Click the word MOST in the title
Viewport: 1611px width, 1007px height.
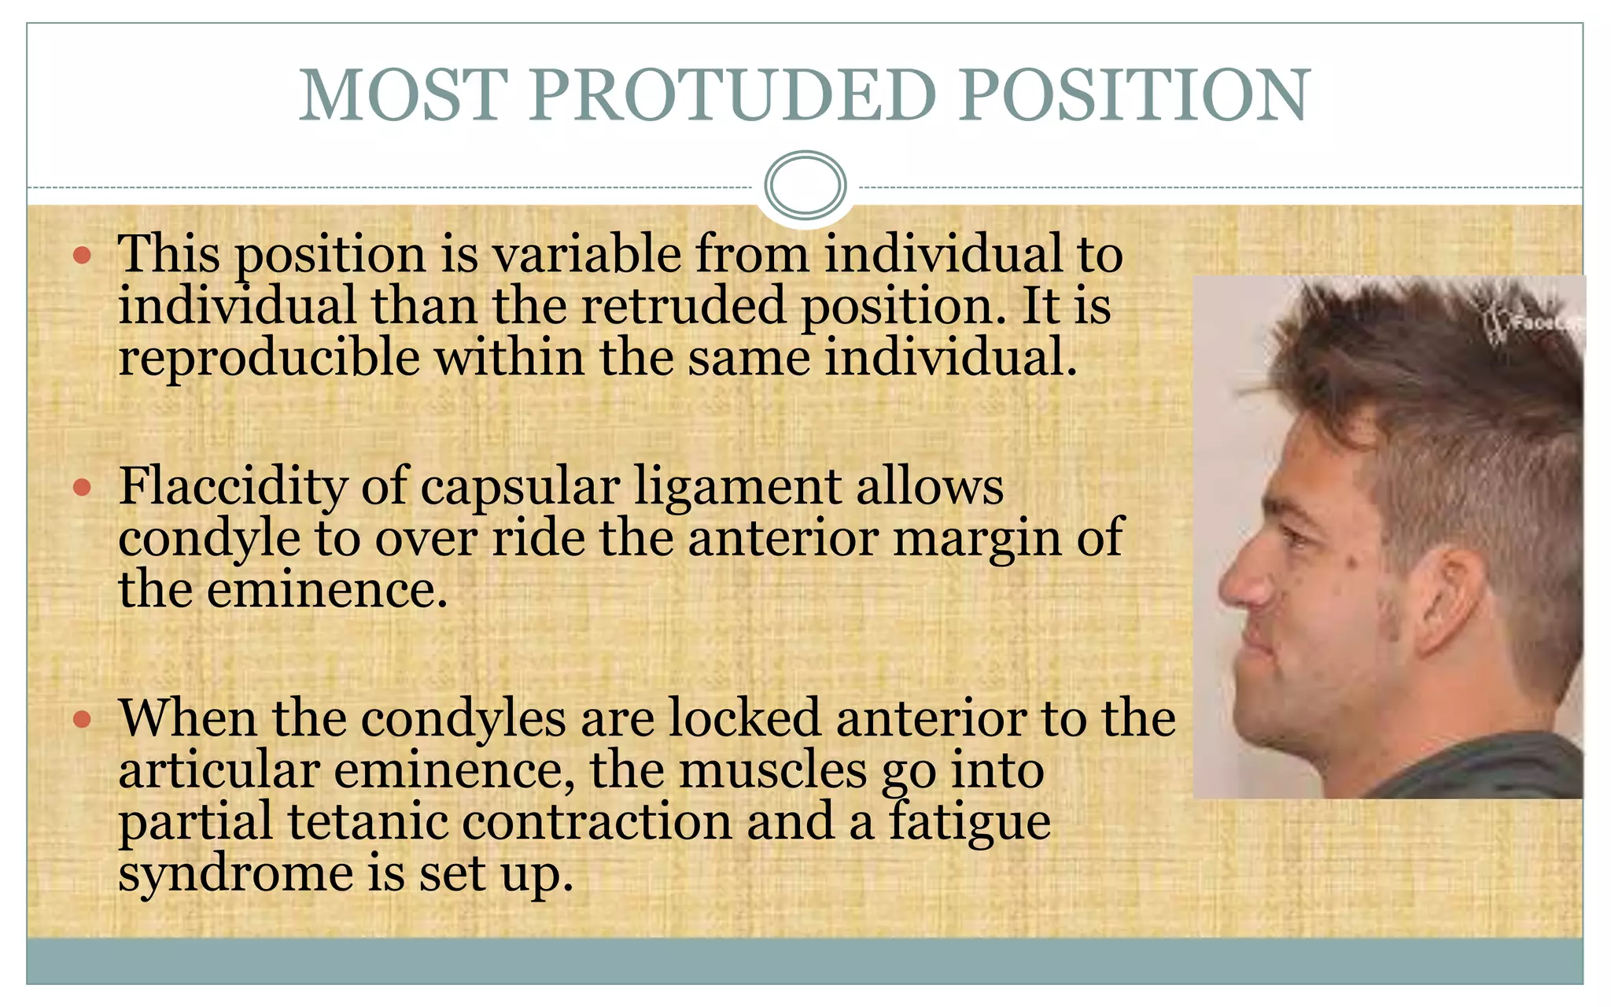pyautogui.click(x=403, y=96)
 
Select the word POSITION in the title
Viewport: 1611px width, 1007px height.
pyautogui.click(x=1134, y=96)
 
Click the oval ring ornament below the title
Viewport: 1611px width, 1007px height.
pyautogui.click(x=805, y=186)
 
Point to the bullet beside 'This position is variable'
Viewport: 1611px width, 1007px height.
pyautogui.click(x=82, y=255)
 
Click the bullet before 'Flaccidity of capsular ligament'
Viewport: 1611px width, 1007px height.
pyautogui.click(x=82, y=488)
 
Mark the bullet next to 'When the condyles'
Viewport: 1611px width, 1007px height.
pyautogui.click(x=82, y=719)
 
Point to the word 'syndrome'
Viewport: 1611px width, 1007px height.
pyautogui.click(x=235, y=873)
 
